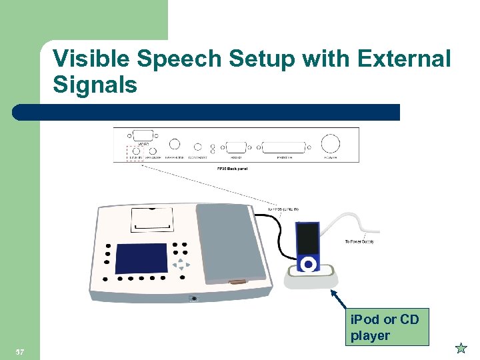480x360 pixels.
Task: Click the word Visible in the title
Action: pyautogui.click(x=94, y=59)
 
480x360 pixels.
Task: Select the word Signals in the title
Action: pyautogui.click(x=95, y=85)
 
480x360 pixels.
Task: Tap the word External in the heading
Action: pyautogui.click(x=404, y=59)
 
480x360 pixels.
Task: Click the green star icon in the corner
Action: pyautogui.click(x=460, y=347)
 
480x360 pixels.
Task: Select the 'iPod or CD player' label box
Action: pyautogui.click(x=387, y=327)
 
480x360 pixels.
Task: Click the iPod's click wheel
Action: pyautogui.click(x=307, y=264)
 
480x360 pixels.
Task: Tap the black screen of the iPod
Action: pyautogui.click(x=307, y=237)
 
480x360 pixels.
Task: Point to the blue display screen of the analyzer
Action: pyautogui.click(x=142, y=258)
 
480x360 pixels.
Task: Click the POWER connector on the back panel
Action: pyautogui.click(x=330, y=144)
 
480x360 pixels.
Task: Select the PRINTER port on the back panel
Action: pyautogui.click(x=283, y=147)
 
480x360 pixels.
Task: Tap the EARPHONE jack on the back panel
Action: pyautogui.click(x=175, y=144)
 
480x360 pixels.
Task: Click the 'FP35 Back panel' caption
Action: pyautogui.click(x=233, y=169)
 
